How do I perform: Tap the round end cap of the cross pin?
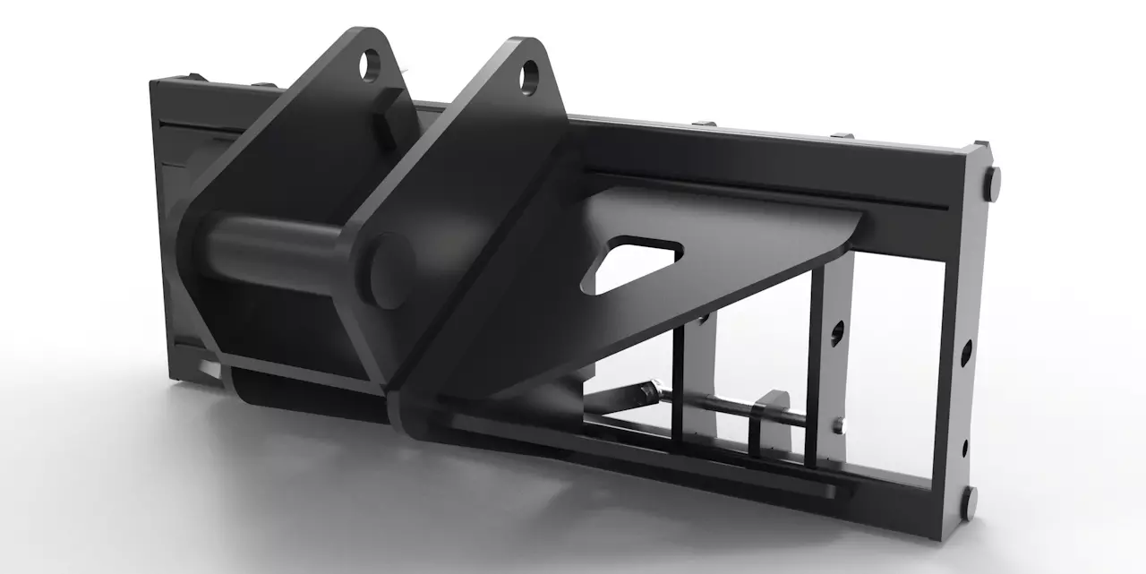[391, 268]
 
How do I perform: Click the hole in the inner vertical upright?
[836, 334]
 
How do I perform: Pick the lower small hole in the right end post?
[965, 446]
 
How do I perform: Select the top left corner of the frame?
[157, 83]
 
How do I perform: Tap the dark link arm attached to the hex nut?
[618, 398]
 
